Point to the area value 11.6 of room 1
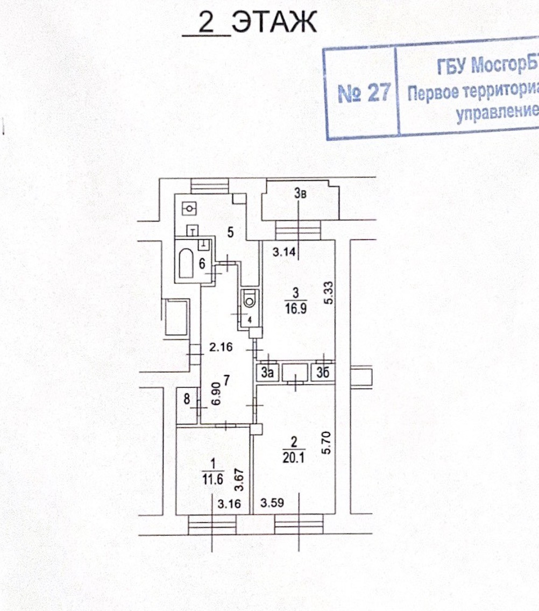coord(213,480)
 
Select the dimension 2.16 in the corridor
coord(220,347)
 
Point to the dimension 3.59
coord(272,503)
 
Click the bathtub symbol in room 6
coord(186,264)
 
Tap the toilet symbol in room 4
coord(249,297)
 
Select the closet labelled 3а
coord(267,372)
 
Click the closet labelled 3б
coord(322,372)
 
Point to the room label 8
coord(187,399)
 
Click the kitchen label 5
coord(230,233)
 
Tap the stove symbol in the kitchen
coord(189,207)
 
